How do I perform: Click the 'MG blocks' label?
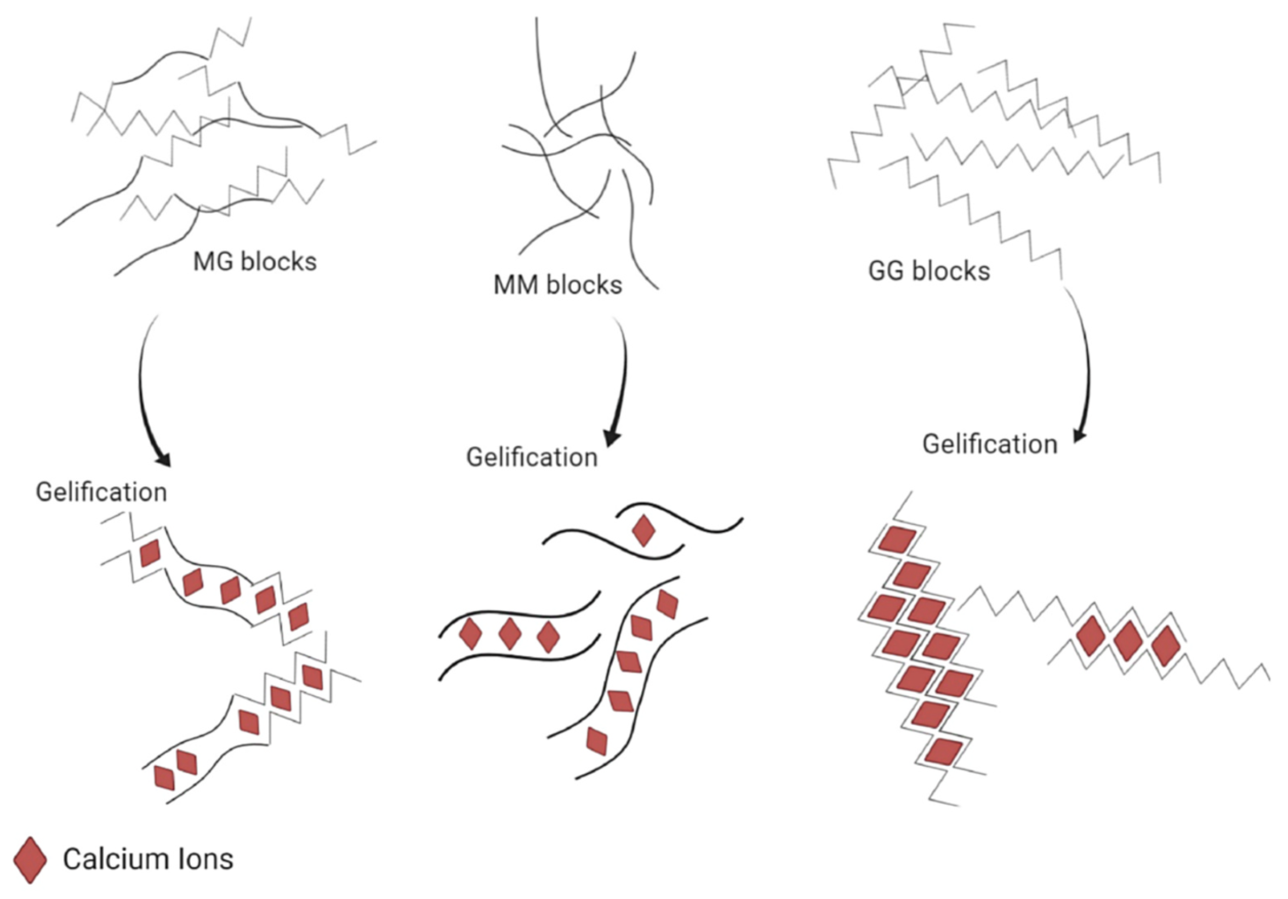point(255,262)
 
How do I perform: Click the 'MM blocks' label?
point(557,285)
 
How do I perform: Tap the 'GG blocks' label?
point(929,271)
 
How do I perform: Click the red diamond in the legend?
point(30,860)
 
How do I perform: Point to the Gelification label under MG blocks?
point(101,492)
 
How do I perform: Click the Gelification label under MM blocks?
point(532,457)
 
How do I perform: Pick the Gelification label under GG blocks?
point(990,445)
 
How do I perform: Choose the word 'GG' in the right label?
point(887,271)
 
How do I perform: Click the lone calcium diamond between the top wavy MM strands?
point(643,530)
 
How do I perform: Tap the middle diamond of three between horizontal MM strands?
point(510,635)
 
